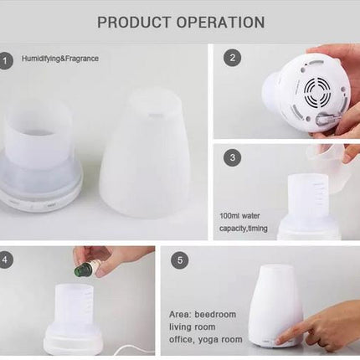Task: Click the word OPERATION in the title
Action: pos(220,22)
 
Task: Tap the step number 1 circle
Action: pos(8,59)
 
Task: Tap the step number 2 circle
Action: pos(233,59)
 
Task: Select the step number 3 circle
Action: pos(234,157)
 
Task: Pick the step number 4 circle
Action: pos(8,260)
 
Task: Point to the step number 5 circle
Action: pos(179,260)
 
